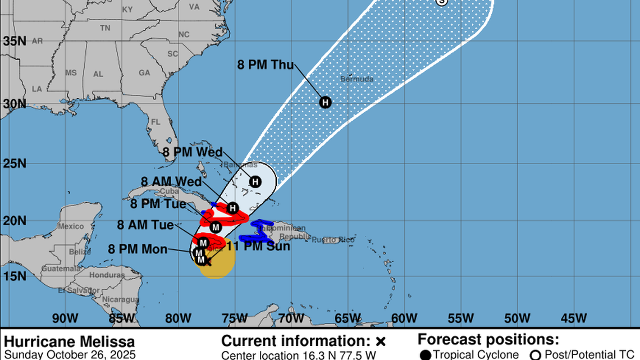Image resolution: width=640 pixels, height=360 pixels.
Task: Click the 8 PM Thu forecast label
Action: point(266,65)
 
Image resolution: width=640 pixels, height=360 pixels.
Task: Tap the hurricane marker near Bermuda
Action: point(325,102)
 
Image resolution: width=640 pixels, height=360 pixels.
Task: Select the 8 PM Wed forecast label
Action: point(192,152)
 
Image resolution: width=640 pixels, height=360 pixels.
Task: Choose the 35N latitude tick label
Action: point(15,41)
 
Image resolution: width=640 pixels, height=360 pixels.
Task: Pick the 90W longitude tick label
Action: point(65,318)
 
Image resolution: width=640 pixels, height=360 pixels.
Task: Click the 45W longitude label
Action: point(574,318)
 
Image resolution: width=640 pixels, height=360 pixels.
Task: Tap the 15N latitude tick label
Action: point(15,276)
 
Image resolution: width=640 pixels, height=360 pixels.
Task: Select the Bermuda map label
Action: point(356,79)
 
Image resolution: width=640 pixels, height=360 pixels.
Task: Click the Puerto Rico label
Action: point(333,240)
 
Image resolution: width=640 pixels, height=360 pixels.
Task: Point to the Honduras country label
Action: point(107,275)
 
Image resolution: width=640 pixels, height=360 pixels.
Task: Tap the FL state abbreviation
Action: point(156,122)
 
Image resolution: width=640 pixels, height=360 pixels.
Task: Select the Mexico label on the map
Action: point(71,226)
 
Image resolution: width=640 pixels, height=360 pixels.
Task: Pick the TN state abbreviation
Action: point(105,28)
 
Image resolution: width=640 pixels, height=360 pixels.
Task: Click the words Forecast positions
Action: point(488,340)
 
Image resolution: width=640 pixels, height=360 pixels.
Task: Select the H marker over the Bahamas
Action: point(255,181)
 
